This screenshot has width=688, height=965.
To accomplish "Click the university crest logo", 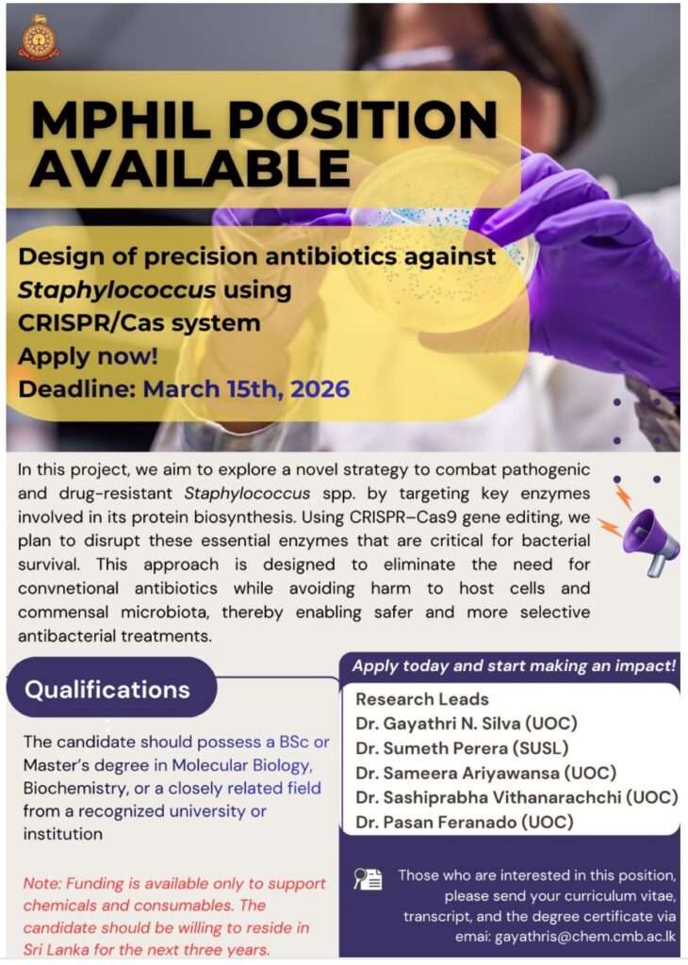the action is point(39,38).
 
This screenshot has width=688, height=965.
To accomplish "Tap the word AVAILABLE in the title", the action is point(190,168).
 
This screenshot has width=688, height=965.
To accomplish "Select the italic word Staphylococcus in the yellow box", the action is point(117,290).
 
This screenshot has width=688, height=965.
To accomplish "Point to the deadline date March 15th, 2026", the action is point(246,389).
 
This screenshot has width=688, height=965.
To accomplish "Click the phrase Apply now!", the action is point(88,356).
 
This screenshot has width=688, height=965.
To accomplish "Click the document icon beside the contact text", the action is point(368,879).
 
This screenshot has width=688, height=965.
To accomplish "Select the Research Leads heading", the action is point(422,699).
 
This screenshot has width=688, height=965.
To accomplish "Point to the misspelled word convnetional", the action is point(68,588).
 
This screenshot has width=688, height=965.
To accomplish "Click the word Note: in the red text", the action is point(42,884).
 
